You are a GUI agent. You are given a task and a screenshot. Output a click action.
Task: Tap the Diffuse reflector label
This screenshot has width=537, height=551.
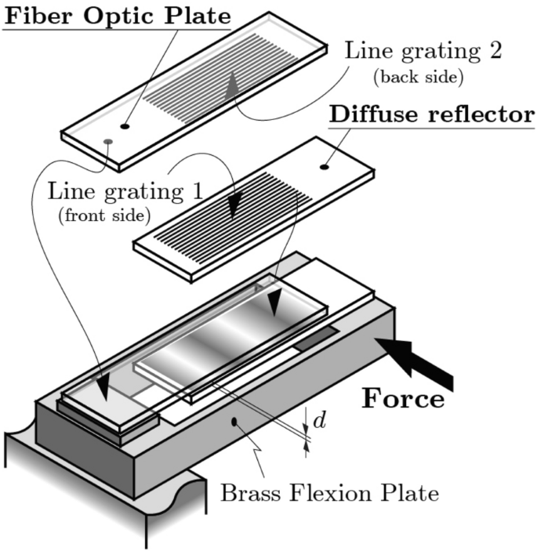click(432, 115)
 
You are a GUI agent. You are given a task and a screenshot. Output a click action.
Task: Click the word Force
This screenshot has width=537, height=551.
click(403, 398)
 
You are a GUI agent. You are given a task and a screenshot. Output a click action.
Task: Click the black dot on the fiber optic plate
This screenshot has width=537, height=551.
click(125, 125)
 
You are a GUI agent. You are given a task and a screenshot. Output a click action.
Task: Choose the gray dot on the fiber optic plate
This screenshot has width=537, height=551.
click(107, 142)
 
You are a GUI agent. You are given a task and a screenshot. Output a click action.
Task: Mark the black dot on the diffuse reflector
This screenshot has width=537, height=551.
click(325, 166)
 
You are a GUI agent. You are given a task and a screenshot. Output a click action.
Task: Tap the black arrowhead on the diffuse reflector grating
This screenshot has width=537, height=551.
click(233, 208)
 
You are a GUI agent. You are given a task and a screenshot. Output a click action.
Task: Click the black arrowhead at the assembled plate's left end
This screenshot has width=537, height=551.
click(101, 389)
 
